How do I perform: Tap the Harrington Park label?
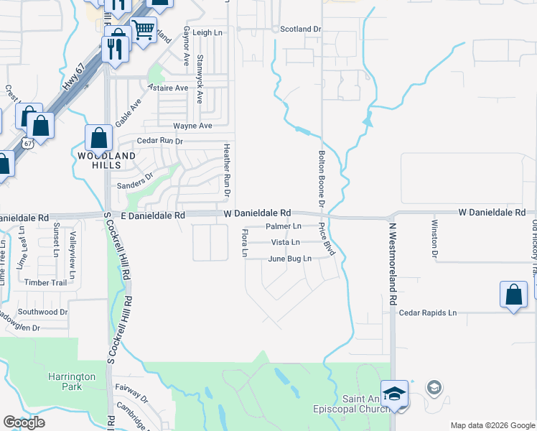point(72,381)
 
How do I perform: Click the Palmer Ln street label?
point(282,226)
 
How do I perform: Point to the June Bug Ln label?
point(290,259)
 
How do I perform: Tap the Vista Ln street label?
point(285,243)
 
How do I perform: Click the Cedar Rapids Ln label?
point(428,313)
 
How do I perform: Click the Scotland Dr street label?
point(302,29)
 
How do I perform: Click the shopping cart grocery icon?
point(144,30)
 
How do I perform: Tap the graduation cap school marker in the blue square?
point(394,392)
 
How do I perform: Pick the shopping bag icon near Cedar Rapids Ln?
point(513,294)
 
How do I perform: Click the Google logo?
point(24,422)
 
